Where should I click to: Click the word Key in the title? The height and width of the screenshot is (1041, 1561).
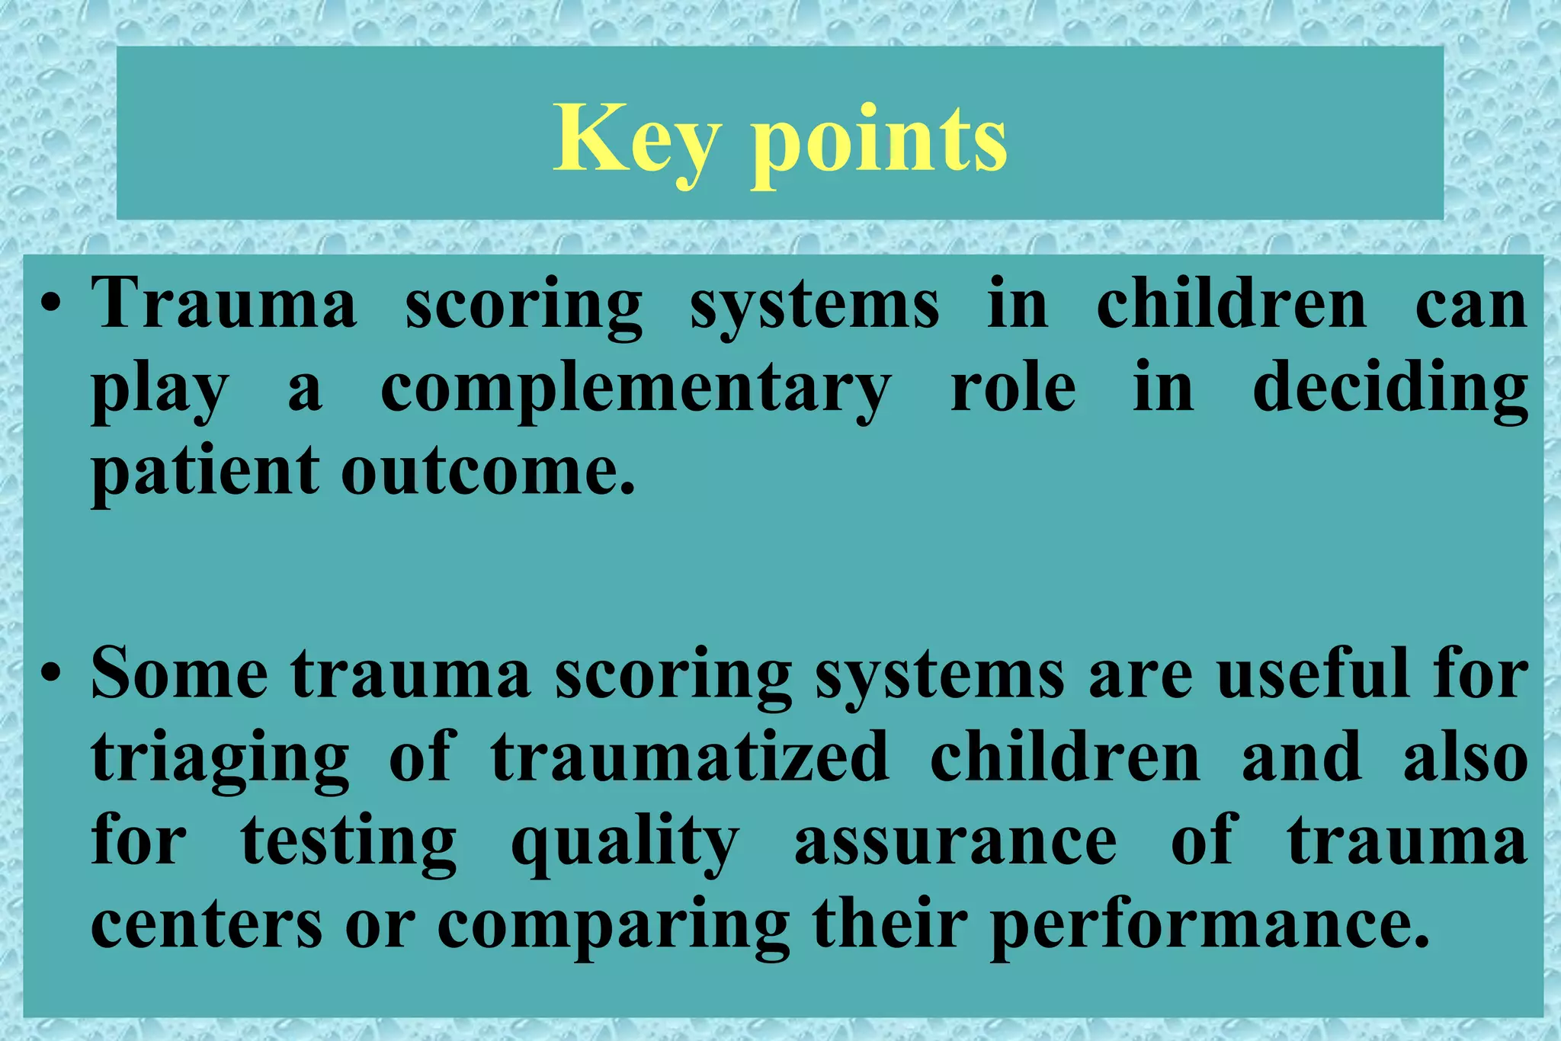[x=636, y=141]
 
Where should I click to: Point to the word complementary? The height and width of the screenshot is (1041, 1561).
[x=636, y=390]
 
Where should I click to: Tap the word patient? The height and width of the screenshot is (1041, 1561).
[x=205, y=472]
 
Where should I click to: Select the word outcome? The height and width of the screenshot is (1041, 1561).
[x=488, y=472]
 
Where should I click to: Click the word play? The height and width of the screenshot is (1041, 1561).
[x=159, y=390]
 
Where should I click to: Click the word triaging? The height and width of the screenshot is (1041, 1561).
[x=220, y=759]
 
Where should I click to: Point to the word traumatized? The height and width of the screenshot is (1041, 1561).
[x=690, y=758]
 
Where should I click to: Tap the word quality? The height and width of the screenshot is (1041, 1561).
[x=624, y=843]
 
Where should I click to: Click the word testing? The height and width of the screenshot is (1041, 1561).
[x=349, y=843]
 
